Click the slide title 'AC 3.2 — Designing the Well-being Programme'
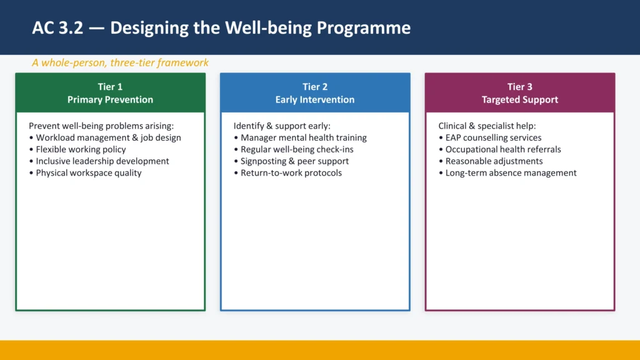pos(221,28)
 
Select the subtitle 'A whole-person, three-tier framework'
pos(120,62)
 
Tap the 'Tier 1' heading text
pos(110,87)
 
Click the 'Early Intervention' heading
pos(315,99)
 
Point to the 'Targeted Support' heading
pos(519,99)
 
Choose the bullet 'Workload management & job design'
pos(108,137)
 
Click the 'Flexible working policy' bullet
pos(81,149)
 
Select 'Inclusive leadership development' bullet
pos(102,161)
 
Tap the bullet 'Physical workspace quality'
pos(88,173)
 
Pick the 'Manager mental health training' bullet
pos(304,137)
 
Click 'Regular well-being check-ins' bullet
pos(297,149)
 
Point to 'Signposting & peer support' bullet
pos(294,161)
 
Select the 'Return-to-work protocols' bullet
pos(291,173)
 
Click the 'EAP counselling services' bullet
pos(493,137)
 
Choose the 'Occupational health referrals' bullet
pos(503,149)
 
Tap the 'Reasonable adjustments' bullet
pos(494,161)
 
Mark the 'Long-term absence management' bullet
pos(511,173)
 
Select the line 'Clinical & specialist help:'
pos(487,126)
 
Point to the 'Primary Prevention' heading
pos(110,99)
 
